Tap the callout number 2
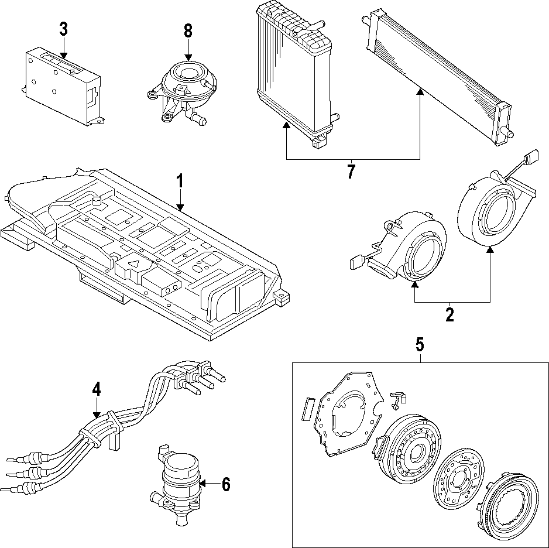[450, 314]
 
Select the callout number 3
[63, 29]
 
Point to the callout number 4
[97, 389]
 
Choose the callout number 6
[225, 484]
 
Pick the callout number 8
[188, 31]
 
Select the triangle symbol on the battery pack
[133, 265]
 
